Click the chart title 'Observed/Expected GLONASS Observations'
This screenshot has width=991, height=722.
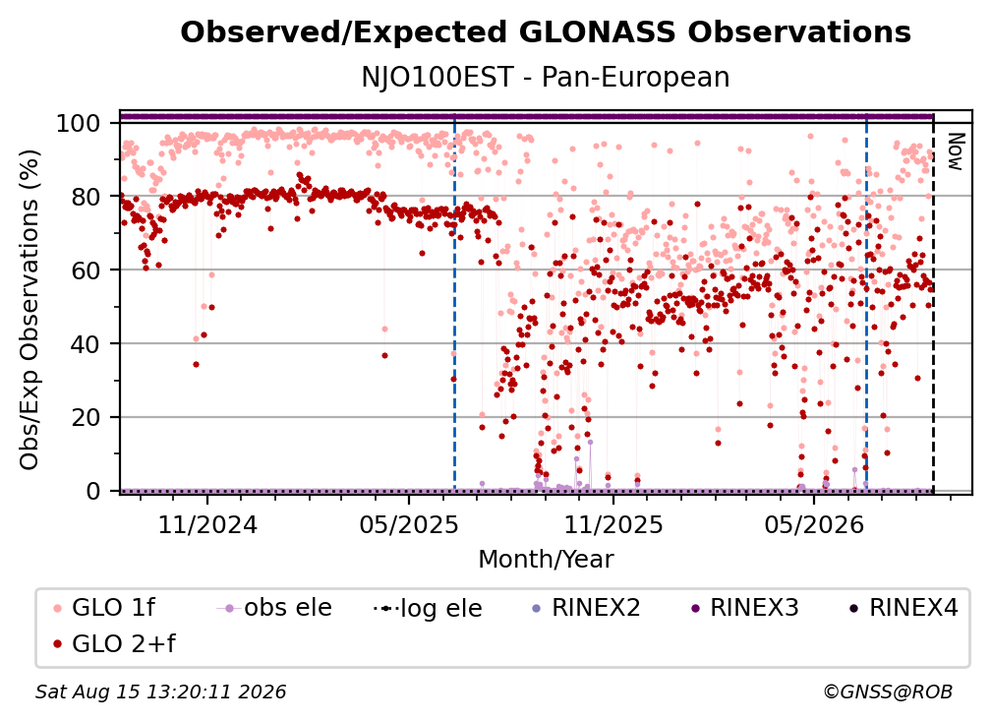(x=546, y=32)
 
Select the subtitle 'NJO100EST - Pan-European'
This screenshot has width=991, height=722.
(x=546, y=77)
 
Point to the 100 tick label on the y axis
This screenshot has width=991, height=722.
(x=79, y=123)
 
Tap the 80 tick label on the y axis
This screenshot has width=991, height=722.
(x=86, y=197)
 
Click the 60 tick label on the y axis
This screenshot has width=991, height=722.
(x=86, y=271)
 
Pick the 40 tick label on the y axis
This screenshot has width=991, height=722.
(x=86, y=344)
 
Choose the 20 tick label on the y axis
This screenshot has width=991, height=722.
(x=86, y=417)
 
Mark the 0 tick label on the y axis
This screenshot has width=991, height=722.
(x=93, y=491)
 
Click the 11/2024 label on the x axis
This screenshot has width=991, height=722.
(x=207, y=524)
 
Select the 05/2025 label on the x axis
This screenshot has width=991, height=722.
(x=409, y=524)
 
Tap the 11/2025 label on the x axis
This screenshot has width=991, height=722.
(x=613, y=524)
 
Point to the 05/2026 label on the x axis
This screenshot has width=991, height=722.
(x=814, y=524)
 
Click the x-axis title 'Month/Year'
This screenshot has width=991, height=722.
(x=546, y=560)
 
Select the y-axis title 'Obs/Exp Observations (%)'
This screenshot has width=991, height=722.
(x=29, y=309)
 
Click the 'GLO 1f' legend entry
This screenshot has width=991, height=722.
(x=104, y=608)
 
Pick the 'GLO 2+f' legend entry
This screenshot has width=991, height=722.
(x=114, y=644)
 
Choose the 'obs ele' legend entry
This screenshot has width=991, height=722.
(x=274, y=608)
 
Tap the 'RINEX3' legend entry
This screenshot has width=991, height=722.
(x=746, y=608)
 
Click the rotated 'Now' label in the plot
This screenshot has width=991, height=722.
(x=955, y=151)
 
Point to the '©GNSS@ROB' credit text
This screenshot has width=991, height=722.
(x=888, y=692)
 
